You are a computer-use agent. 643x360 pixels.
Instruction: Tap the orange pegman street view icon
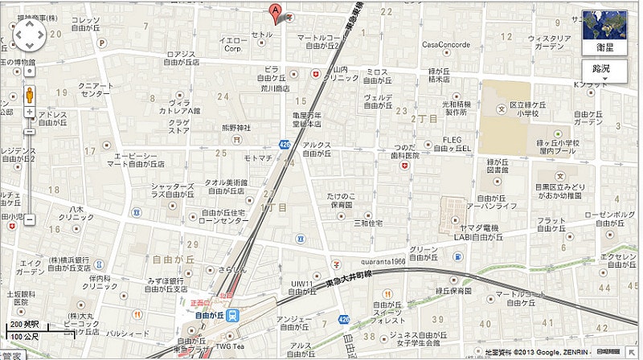[30, 95]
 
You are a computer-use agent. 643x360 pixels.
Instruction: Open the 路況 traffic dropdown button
[600, 69]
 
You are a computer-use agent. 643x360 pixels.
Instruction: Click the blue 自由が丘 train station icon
[232, 315]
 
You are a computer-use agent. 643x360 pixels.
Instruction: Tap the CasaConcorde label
[446, 44]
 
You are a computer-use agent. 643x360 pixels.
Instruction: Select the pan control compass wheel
[30, 35]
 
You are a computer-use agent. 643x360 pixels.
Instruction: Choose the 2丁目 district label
[423, 118]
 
